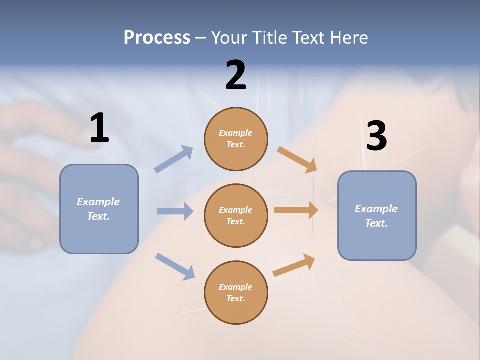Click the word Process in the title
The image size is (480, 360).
pyautogui.click(x=157, y=37)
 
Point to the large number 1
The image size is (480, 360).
pyautogui.click(x=99, y=128)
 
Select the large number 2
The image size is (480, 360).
pyautogui.click(x=236, y=75)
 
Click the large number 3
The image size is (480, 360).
pyautogui.click(x=376, y=136)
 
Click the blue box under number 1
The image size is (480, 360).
pyautogui.click(x=99, y=209)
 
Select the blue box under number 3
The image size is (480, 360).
pyautogui.click(x=377, y=215)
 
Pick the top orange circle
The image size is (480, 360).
pyautogui.click(x=236, y=139)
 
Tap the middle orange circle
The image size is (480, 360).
pyautogui.click(x=236, y=215)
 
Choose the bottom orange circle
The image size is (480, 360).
pyautogui.click(x=236, y=292)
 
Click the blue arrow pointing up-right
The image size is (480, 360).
pyautogui.click(x=174, y=159)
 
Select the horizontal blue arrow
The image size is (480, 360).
pyautogui.click(x=175, y=211)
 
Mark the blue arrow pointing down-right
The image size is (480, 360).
pyautogui.click(x=175, y=266)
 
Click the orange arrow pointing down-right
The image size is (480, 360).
pyautogui.click(x=297, y=160)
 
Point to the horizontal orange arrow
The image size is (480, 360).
pyautogui.click(x=296, y=210)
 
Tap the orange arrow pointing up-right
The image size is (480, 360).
pyautogui.click(x=294, y=265)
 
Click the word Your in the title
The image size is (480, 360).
pyautogui.click(x=228, y=37)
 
